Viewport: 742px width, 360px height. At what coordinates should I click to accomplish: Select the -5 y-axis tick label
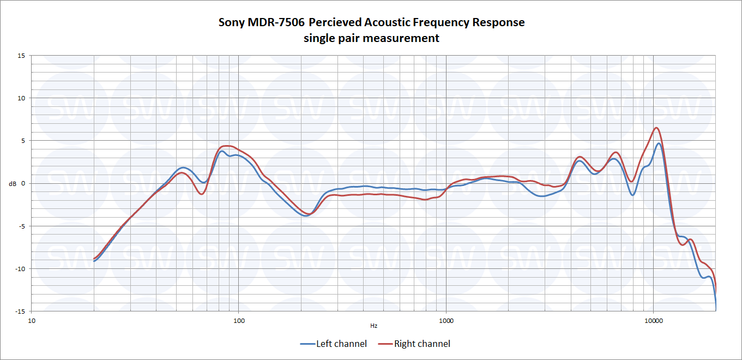coord(21,226)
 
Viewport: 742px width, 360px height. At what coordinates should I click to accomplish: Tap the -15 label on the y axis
coord(20,311)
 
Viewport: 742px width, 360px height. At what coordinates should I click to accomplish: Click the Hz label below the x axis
coord(373,326)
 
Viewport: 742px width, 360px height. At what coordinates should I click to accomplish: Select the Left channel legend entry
coord(333,344)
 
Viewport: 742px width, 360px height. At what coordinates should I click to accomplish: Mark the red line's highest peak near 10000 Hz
coord(656,128)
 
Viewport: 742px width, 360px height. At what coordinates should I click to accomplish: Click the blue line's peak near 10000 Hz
coord(659,143)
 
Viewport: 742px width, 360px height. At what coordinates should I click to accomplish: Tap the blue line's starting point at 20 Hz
coord(94,261)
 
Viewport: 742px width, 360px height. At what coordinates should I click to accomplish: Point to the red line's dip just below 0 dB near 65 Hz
coord(201,194)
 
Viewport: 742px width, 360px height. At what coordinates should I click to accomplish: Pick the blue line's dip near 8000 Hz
coord(632,195)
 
